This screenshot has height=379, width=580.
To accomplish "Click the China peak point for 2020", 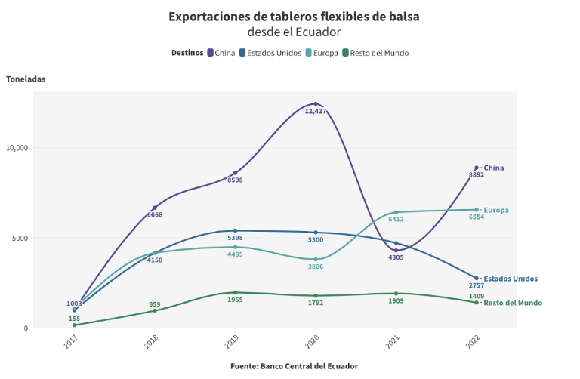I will pos(316,104).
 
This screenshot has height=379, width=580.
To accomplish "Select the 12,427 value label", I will pos(316,112).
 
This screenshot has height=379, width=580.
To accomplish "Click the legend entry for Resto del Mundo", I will pos(375,53).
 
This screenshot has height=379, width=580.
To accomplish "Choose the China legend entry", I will pos(221,53).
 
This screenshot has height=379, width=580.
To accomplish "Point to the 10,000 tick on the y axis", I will pos(17,148).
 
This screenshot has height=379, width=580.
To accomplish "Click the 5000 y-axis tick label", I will pos(20,238).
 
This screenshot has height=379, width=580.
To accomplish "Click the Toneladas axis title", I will pos(26,79).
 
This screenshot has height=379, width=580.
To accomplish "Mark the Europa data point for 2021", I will pos(396,212).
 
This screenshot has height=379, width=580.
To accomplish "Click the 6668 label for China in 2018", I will pos(155,215).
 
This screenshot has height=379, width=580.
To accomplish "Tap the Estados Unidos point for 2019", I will pos(235,231).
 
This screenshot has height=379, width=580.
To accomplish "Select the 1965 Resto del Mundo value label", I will pos(235,300).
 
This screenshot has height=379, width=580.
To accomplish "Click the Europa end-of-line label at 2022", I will pos(496,210).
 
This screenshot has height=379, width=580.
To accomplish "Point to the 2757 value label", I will pos(476,286).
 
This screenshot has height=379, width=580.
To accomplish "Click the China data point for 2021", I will pos(396,251).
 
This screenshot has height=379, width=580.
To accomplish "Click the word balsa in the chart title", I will pos(403,16).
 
